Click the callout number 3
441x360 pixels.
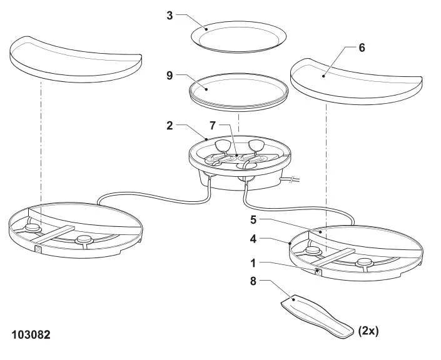click(x=170, y=16)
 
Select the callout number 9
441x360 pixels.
click(x=170, y=76)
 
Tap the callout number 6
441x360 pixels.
click(x=362, y=47)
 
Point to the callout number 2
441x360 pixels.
click(x=170, y=126)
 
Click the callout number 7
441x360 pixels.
click(x=213, y=126)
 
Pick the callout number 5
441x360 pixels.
click(x=253, y=220)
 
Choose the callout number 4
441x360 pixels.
click(x=253, y=239)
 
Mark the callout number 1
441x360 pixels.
click(x=253, y=263)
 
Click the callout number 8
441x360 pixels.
click(x=253, y=281)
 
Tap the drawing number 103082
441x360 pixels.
click(x=31, y=335)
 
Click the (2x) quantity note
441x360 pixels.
click(x=368, y=331)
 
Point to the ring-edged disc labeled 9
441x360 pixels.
click(x=238, y=92)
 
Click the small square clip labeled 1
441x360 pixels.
click(x=318, y=271)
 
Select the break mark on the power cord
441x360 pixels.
click(x=293, y=179)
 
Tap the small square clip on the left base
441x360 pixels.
click(x=38, y=249)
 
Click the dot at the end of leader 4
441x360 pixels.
click(x=290, y=242)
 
